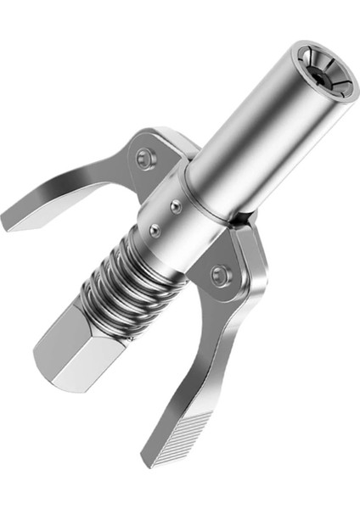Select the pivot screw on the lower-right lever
(x=221, y=274)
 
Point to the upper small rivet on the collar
(x=175, y=204)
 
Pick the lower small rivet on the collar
(x=155, y=228)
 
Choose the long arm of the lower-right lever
(x=212, y=356)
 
